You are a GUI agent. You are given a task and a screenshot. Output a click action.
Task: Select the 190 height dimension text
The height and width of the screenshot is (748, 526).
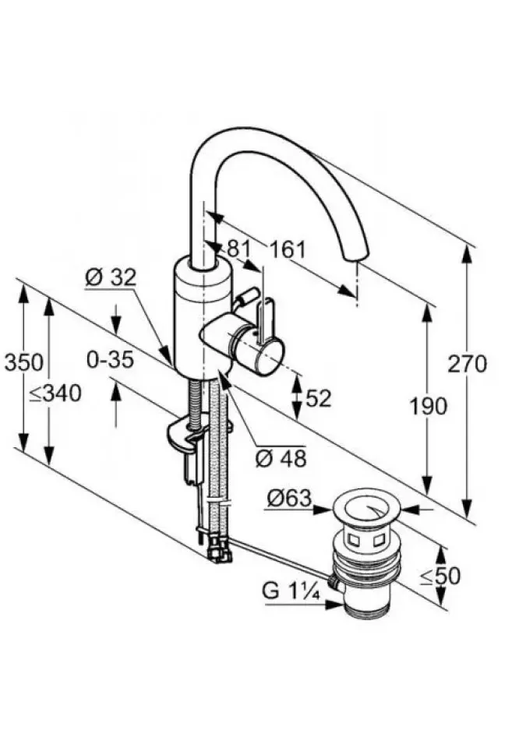[428, 405]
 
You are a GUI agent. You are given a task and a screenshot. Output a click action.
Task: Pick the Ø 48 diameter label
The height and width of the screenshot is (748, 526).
[281, 458]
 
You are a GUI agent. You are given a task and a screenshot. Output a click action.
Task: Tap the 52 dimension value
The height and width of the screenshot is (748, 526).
[319, 398]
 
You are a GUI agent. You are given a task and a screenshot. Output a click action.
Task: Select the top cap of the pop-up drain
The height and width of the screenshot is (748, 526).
[366, 506]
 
